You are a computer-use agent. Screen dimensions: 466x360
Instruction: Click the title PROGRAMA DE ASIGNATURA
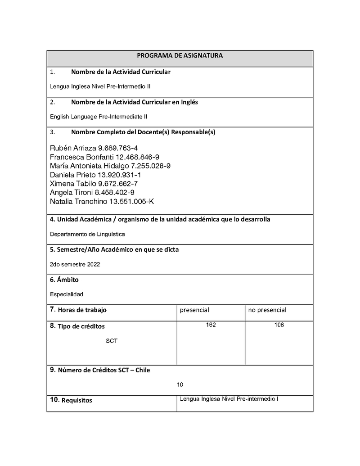click(180, 55)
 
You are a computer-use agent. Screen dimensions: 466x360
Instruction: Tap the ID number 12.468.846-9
click(137, 157)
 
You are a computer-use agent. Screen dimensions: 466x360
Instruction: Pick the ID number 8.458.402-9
click(111, 192)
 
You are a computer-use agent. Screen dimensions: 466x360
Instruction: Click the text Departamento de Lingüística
click(87, 234)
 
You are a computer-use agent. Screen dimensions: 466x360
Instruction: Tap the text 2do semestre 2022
click(75, 264)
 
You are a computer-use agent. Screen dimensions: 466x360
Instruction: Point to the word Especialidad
click(67, 294)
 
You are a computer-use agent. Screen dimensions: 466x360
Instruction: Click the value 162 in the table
click(211, 325)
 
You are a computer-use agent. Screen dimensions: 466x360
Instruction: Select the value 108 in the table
click(279, 325)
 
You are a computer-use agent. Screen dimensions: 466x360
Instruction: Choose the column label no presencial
click(267, 310)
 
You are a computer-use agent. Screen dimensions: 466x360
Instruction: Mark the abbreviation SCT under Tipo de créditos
click(112, 341)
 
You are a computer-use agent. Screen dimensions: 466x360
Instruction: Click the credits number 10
click(180, 385)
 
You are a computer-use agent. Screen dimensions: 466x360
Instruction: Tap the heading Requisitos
click(76, 400)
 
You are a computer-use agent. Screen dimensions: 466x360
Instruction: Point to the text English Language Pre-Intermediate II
click(99, 117)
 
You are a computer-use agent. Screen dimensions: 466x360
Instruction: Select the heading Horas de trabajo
click(82, 310)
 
